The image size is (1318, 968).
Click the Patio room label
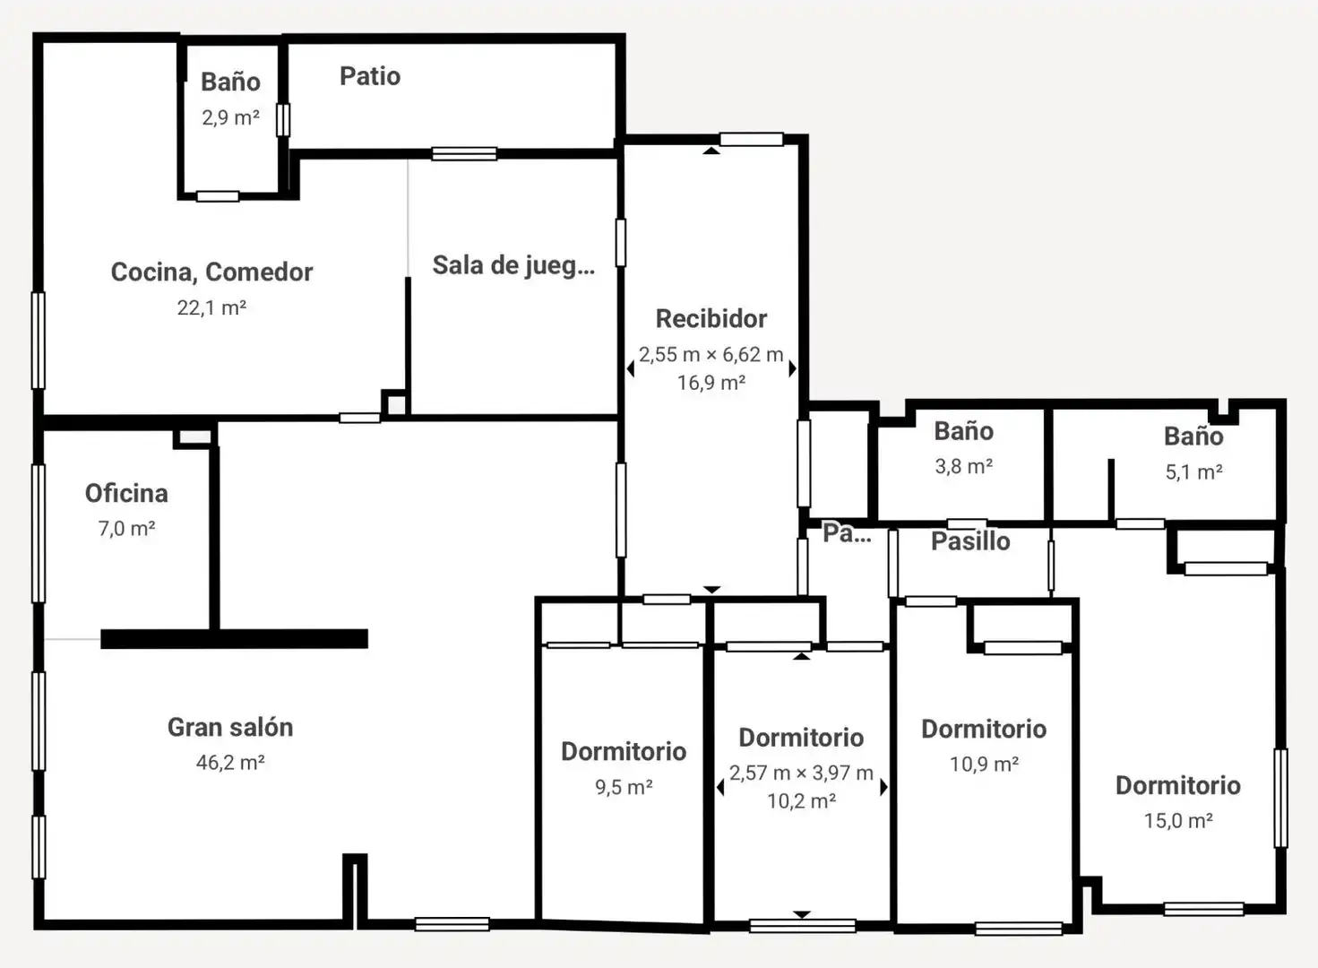(x=370, y=76)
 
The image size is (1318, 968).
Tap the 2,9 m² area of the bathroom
(x=230, y=117)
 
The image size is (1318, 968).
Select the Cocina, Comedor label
(x=211, y=272)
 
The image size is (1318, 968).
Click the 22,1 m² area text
(x=211, y=307)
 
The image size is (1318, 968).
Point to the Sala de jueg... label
(x=513, y=266)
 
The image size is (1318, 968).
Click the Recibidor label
(x=711, y=318)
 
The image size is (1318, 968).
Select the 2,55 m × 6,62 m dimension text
(x=711, y=354)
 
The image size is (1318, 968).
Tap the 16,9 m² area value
(x=711, y=383)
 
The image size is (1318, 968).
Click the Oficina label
(x=126, y=493)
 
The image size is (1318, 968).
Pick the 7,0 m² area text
(x=126, y=529)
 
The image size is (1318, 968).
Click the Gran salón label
(x=230, y=727)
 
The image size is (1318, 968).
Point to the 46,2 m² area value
(x=230, y=763)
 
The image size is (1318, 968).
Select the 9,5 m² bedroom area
(x=624, y=787)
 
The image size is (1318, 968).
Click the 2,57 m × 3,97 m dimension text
(x=801, y=773)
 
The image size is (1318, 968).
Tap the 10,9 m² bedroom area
(x=985, y=765)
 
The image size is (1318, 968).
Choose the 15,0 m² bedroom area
(x=1178, y=821)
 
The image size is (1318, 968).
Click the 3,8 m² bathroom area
(x=964, y=467)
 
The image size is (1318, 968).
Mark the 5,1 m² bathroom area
(x=1194, y=472)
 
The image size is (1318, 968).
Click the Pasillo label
(x=971, y=541)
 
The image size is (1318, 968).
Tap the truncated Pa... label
(x=848, y=532)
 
